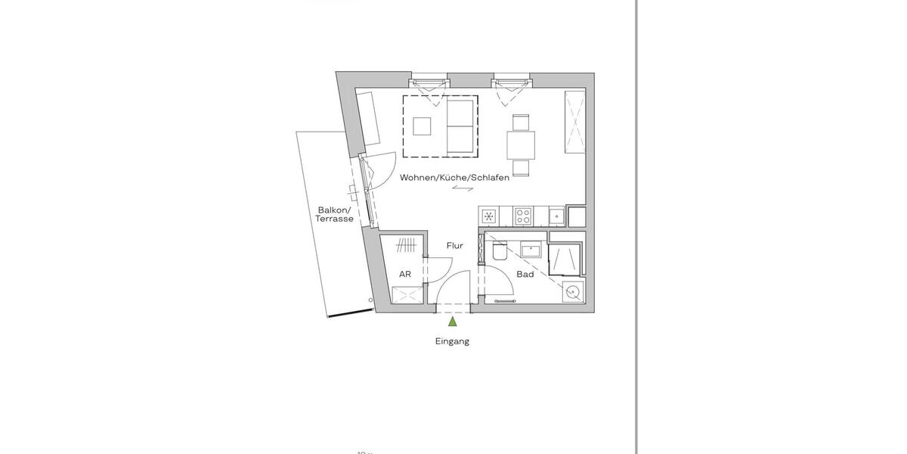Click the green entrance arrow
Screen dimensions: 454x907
point(452,323)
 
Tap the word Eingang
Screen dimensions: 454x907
point(452,341)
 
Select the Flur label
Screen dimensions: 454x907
point(454,246)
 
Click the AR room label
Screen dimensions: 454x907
point(405,274)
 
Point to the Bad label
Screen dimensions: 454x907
point(525,274)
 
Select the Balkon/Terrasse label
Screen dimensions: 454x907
point(335,214)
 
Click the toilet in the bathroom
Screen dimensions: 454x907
point(498,252)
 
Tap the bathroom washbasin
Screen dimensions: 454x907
point(530,248)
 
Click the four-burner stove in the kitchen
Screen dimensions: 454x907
point(523,216)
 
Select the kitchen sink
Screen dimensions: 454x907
point(556,216)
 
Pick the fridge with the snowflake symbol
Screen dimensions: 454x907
point(489,217)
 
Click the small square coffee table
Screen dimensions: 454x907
point(423,126)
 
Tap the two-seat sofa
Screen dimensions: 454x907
point(461,126)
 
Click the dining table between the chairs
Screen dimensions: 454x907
point(521,144)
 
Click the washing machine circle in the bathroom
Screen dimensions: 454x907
point(573,291)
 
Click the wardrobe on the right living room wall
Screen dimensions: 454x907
point(576,121)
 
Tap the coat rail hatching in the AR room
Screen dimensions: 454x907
point(406,244)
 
